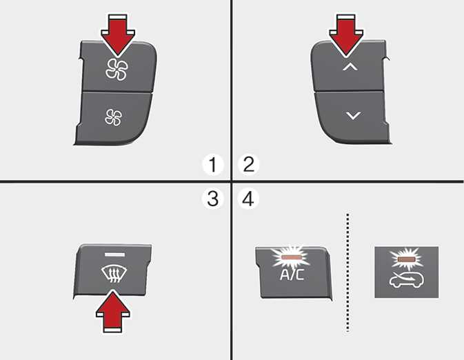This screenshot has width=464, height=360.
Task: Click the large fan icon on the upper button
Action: [117, 70]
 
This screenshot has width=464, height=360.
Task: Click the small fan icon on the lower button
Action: [113, 117]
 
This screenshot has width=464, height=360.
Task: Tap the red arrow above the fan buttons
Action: [118, 35]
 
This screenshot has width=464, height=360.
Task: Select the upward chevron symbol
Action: [350, 67]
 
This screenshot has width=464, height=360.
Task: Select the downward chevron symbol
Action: [353, 115]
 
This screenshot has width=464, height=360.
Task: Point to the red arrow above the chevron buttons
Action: [347, 35]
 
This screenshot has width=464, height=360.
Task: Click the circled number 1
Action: [213, 165]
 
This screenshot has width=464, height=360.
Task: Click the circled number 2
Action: [249, 164]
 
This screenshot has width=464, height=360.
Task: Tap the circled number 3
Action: [212, 199]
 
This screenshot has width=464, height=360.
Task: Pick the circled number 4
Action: [248, 199]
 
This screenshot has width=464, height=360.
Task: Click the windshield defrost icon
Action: [114, 274]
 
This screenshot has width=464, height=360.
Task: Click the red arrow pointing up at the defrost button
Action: [113, 311]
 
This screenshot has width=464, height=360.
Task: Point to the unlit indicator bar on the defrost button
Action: [114, 254]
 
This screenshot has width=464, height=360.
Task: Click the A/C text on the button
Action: [292, 274]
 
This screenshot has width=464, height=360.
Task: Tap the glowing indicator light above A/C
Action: [292, 257]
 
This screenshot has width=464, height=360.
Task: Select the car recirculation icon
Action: [407, 280]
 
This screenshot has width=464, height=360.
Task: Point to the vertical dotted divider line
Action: [347, 272]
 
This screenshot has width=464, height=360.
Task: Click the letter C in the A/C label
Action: [299, 275]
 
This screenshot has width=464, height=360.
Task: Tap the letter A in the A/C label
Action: [284, 275]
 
